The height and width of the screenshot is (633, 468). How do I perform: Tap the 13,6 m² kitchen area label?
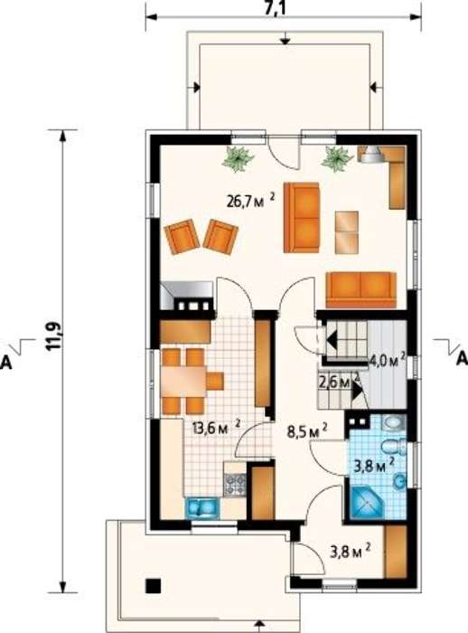(x=216, y=427)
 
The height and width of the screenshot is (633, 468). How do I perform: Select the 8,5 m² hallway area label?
(x=306, y=431)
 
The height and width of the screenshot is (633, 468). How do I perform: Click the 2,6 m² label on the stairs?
(x=339, y=381)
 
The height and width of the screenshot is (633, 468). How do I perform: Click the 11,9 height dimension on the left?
(x=55, y=335)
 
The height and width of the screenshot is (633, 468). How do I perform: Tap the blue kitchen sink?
(x=202, y=507)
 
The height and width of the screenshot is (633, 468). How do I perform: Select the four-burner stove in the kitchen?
(x=235, y=484)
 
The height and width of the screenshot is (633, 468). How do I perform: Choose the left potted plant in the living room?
(x=238, y=159)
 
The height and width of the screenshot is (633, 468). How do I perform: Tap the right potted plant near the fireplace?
(x=336, y=158)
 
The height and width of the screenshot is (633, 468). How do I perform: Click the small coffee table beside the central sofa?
(x=347, y=232)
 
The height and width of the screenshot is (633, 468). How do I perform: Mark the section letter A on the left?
(x=6, y=363)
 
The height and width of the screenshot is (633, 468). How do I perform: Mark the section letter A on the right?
(x=462, y=358)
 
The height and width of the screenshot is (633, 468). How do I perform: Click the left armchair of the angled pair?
(x=182, y=237)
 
